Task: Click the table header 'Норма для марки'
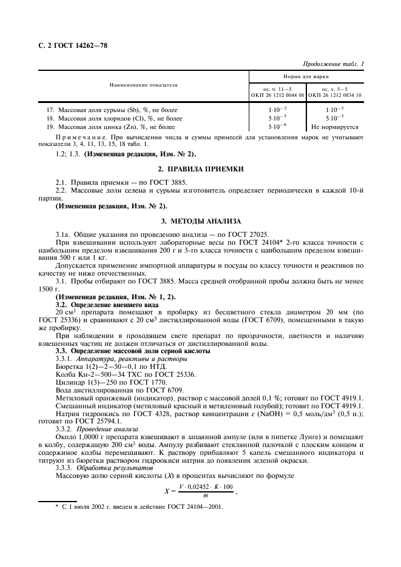tap(306, 78)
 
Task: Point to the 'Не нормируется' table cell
tap(334, 127)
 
